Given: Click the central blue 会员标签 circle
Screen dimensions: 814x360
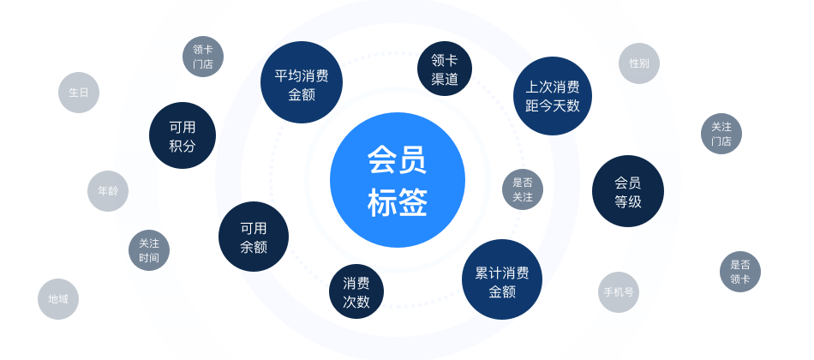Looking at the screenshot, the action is [x=397, y=180].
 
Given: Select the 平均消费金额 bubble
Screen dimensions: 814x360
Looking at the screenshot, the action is [x=302, y=82].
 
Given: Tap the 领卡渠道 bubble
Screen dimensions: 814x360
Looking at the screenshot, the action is [x=445, y=69].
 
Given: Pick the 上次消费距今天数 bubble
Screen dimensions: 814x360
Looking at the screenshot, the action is [x=553, y=96].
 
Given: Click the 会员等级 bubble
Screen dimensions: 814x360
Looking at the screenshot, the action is [x=627, y=191].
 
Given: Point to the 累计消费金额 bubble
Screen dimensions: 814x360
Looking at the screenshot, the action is [x=502, y=279].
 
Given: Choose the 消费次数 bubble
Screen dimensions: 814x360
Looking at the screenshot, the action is [x=356, y=291].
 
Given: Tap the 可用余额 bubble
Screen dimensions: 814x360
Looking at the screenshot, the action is [x=254, y=237].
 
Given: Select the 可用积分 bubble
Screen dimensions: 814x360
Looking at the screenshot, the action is [x=183, y=135].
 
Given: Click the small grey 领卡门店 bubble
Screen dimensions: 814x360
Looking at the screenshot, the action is [x=203, y=57].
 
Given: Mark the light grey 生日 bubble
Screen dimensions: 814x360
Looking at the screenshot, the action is [x=79, y=93].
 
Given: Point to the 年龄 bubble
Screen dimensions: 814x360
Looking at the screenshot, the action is [x=108, y=190].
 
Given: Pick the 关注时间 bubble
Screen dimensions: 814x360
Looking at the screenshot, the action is [x=149, y=250].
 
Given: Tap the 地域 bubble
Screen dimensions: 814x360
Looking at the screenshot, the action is [x=58, y=298].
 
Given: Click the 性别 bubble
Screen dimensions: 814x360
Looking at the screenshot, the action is [x=639, y=63].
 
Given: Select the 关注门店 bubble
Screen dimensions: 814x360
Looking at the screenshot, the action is [x=721, y=134].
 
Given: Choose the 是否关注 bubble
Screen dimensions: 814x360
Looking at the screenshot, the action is [x=523, y=189].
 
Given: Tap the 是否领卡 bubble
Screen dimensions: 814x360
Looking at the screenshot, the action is [x=740, y=272].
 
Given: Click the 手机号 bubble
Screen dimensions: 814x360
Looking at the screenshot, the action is [x=619, y=292].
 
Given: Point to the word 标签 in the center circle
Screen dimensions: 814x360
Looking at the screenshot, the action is [x=397, y=202].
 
